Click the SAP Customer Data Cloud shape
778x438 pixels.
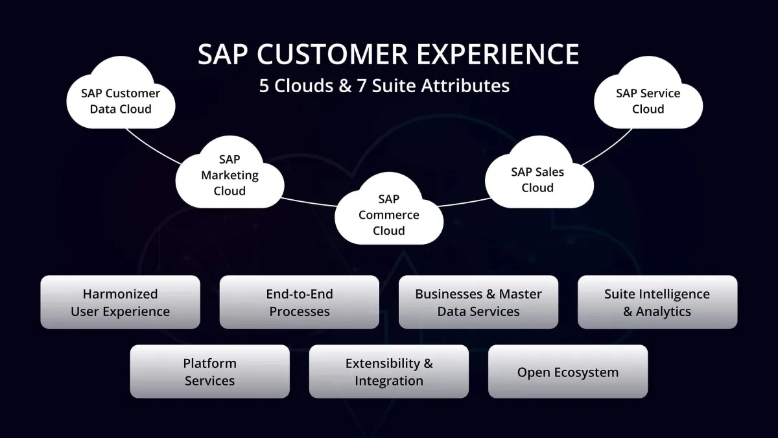(x=121, y=101)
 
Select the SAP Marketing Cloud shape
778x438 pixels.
(x=230, y=175)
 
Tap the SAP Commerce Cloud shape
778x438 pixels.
(x=389, y=215)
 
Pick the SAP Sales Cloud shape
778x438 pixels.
(x=537, y=180)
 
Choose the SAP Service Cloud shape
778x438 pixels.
(x=648, y=101)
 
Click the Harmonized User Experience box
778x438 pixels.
(x=121, y=302)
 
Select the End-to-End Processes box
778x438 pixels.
(x=300, y=302)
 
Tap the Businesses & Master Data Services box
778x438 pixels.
(x=478, y=302)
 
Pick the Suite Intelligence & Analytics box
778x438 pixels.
(x=657, y=302)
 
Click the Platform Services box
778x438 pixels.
(x=210, y=371)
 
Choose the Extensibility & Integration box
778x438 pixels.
(x=389, y=371)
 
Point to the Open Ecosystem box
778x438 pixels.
(x=568, y=371)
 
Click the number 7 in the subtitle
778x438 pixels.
(x=363, y=86)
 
